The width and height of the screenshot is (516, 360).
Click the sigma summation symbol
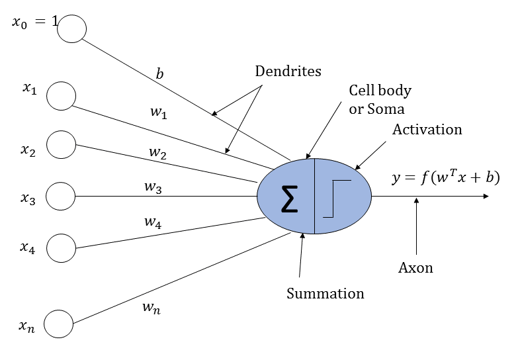click(x=290, y=199)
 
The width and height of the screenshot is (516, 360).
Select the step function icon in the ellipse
click(x=337, y=199)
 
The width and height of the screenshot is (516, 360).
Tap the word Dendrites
click(x=288, y=71)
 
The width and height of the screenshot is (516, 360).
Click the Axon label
click(x=415, y=268)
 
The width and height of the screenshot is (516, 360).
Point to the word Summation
click(x=325, y=294)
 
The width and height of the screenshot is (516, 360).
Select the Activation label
click(x=427, y=130)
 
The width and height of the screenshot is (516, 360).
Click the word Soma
click(x=386, y=109)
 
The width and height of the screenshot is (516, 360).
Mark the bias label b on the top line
click(x=159, y=73)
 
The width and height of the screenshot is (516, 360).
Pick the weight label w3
click(x=153, y=187)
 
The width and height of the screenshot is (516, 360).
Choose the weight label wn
click(x=151, y=308)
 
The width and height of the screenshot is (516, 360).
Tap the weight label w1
click(x=159, y=112)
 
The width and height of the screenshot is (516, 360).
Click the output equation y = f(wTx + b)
click(x=446, y=178)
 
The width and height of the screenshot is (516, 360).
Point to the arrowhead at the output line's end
click(x=486, y=196)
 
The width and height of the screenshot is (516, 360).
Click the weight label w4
click(x=153, y=222)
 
